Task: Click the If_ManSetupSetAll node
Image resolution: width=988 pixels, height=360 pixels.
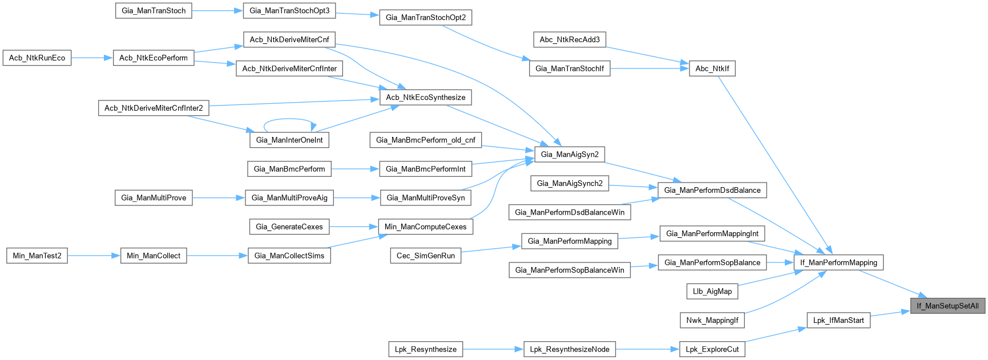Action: click(947, 306)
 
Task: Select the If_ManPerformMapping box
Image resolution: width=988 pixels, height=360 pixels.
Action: click(838, 262)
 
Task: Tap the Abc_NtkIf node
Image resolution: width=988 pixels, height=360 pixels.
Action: click(712, 68)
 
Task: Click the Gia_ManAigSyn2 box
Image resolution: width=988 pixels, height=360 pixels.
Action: click(570, 154)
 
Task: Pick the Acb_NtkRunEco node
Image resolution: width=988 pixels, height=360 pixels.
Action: click(37, 58)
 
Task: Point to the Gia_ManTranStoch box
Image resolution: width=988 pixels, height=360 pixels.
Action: click(154, 10)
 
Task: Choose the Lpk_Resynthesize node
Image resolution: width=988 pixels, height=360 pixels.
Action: click(425, 349)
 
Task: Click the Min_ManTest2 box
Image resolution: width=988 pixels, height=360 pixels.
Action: click(37, 256)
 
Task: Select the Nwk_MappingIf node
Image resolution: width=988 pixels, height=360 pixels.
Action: click(712, 320)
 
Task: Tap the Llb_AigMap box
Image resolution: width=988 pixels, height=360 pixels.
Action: click(712, 291)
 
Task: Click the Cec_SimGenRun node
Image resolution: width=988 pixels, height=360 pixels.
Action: click(426, 256)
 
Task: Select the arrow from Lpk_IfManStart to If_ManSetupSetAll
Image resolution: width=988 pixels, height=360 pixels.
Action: click(890, 313)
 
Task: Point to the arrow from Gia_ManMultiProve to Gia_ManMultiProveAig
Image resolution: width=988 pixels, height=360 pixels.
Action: click(219, 197)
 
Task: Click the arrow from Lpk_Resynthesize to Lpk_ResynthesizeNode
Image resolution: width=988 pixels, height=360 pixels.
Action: click(493, 349)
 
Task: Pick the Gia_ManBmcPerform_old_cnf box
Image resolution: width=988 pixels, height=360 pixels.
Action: click(426, 140)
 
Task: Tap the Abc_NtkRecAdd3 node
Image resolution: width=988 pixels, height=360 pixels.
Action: click(570, 39)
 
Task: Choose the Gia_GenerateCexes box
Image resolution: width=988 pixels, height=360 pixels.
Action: click(289, 226)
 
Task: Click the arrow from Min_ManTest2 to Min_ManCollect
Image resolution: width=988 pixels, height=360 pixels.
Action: click(94, 256)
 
